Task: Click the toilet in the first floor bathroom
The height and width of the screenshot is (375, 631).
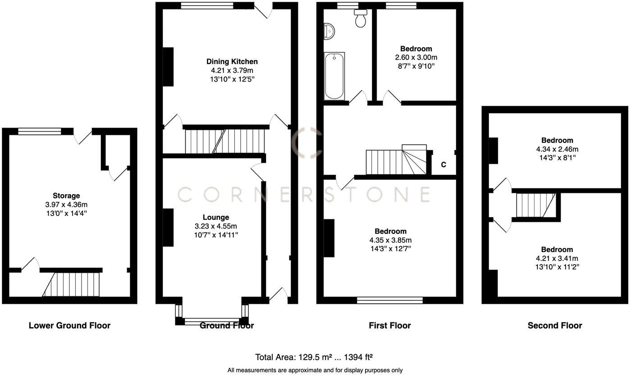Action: tap(361, 18)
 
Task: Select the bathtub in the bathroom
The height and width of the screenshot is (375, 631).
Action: tap(334, 76)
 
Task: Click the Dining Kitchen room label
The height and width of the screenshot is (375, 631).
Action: tap(232, 62)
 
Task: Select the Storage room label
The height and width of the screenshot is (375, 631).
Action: tap(66, 196)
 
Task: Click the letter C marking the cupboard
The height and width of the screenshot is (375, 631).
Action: tap(444, 165)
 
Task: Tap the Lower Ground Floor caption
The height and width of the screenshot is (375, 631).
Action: tap(69, 325)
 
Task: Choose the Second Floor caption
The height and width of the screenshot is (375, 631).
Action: tap(555, 325)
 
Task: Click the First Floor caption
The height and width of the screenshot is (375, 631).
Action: tap(390, 325)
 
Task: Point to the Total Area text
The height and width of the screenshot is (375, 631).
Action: tap(314, 357)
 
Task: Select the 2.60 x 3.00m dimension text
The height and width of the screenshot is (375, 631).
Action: tap(416, 58)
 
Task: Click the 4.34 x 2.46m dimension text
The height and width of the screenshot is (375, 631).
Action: tap(558, 149)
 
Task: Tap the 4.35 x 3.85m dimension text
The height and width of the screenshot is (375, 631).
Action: tap(390, 240)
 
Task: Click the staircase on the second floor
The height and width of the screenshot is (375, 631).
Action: tap(535, 205)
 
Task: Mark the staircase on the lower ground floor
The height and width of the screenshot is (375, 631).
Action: tap(72, 284)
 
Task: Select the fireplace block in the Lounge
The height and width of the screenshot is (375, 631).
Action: tap(168, 228)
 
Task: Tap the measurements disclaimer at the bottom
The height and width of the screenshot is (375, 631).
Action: tap(315, 370)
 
